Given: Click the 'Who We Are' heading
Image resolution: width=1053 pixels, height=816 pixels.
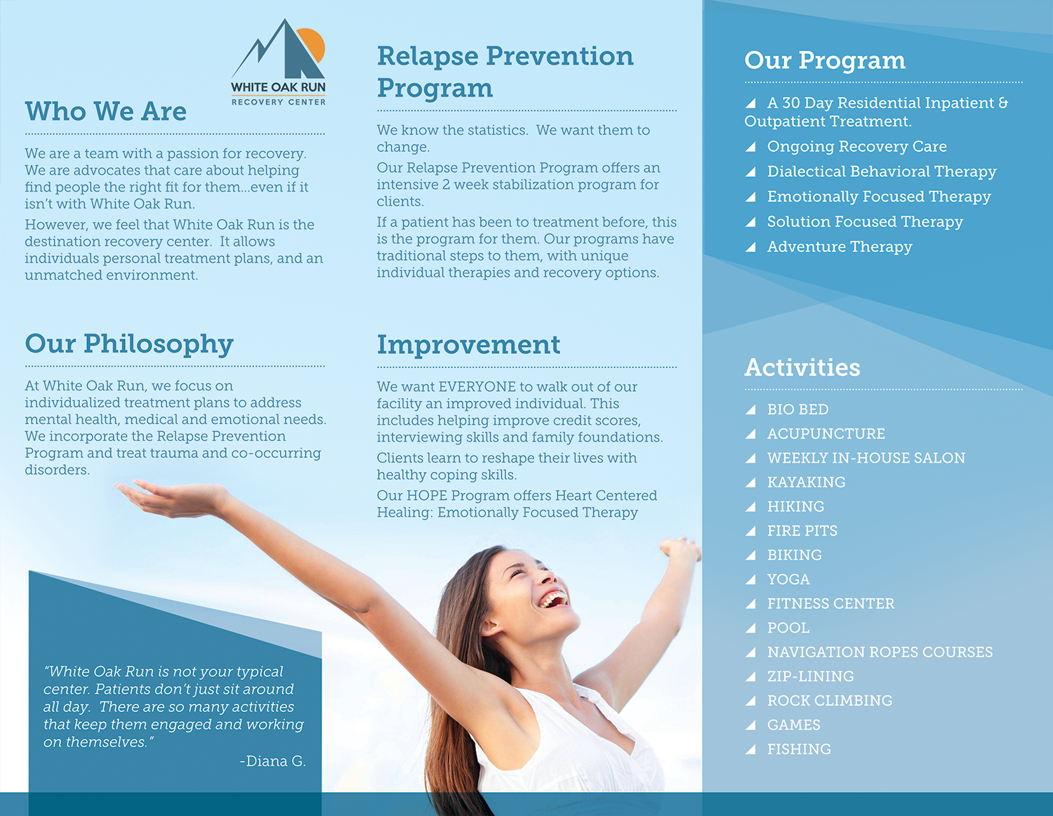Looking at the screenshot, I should click(106, 112).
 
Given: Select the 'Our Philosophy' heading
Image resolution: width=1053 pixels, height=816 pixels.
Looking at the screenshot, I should click(129, 344).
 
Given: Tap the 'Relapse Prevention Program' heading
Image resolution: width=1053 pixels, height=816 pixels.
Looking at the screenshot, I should click(505, 72).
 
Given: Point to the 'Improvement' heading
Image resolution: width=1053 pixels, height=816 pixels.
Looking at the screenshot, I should click(468, 345).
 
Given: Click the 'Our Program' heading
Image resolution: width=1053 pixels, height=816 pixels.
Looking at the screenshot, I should click(825, 60).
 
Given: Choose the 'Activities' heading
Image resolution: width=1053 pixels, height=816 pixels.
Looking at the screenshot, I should click(802, 367).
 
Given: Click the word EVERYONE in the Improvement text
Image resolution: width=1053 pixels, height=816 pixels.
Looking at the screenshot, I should click(477, 387).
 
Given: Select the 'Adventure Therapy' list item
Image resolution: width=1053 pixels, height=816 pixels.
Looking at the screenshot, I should click(840, 246).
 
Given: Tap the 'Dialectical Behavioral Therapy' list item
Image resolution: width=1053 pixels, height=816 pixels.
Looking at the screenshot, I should click(882, 171).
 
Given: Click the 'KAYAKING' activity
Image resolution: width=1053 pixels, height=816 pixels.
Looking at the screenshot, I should click(806, 482).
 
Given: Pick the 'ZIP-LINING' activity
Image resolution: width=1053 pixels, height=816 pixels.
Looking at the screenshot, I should click(810, 676).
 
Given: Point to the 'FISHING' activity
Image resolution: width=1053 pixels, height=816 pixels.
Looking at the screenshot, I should click(799, 749).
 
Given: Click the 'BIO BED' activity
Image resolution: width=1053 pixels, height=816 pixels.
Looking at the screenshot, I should click(797, 409).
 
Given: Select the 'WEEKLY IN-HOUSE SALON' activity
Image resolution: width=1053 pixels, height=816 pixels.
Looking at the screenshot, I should click(866, 458).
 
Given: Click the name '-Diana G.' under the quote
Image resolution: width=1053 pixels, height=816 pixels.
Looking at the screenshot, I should click(272, 761).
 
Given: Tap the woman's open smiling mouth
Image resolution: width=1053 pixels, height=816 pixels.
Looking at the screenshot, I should click(555, 599).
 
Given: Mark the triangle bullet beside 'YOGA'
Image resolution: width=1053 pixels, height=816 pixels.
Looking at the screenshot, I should click(750, 579).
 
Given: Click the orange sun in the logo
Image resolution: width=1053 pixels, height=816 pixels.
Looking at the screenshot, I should click(312, 44).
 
